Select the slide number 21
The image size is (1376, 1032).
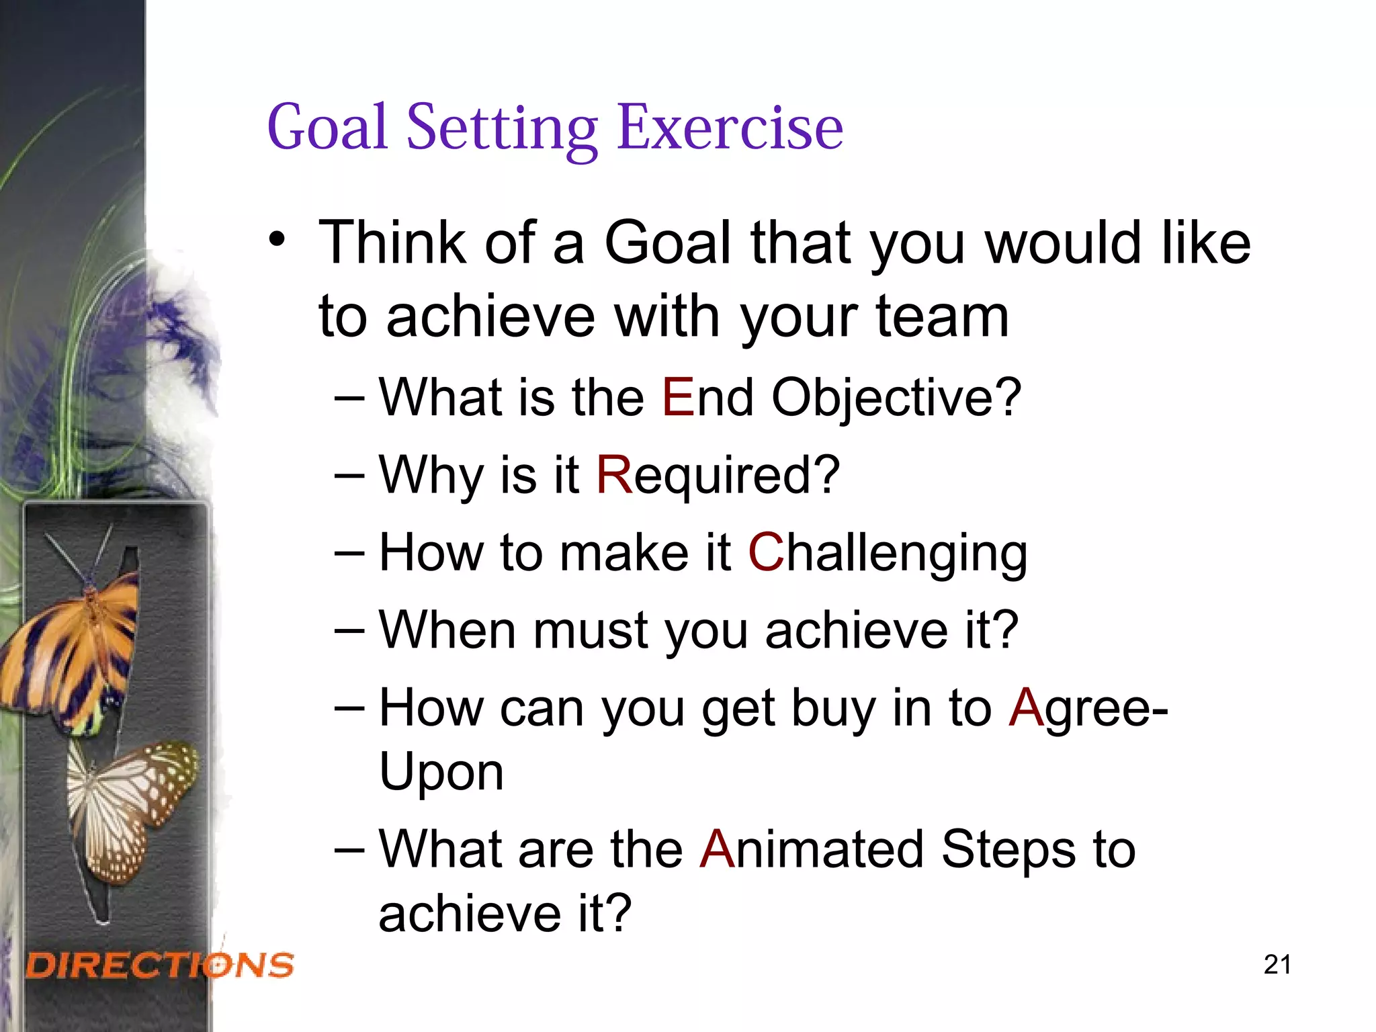(x=1277, y=965)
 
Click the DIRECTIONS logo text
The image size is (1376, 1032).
(x=160, y=965)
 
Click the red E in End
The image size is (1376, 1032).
(x=677, y=398)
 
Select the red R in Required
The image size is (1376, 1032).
(x=614, y=475)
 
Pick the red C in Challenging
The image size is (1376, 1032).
(x=766, y=552)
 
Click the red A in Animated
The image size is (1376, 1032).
(x=717, y=849)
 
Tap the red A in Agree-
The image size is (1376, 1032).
(x=1025, y=707)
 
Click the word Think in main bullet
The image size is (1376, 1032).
(x=392, y=242)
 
